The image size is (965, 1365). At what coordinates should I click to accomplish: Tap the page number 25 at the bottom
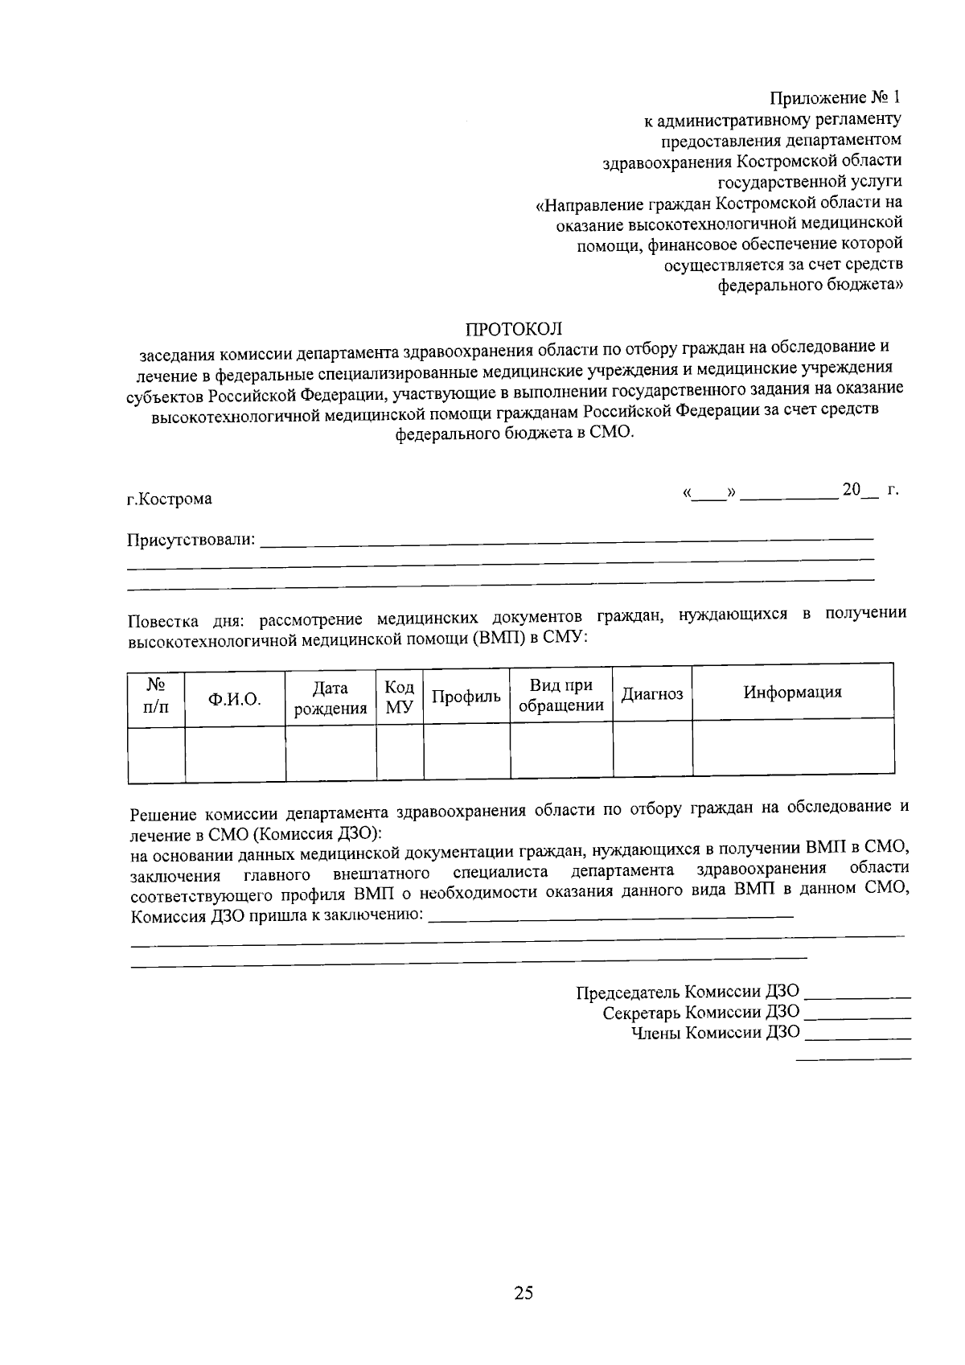pyautogui.click(x=524, y=1293)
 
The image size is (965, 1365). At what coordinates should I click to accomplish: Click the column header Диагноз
pyautogui.click(x=652, y=694)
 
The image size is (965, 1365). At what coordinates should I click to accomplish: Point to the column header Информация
pyautogui.click(x=792, y=692)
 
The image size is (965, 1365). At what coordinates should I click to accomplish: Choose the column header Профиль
pyautogui.click(x=466, y=697)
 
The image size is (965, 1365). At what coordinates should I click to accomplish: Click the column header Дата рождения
pyautogui.click(x=331, y=698)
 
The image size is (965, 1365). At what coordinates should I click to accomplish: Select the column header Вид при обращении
pyautogui.click(x=561, y=696)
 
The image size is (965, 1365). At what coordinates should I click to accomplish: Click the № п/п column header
pyautogui.click(x=156, y=696)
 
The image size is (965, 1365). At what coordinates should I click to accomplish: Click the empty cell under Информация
pyautogui.click(x=793, y=747)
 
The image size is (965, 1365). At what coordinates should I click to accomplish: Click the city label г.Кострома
pyautogui.click(x=170, y=499)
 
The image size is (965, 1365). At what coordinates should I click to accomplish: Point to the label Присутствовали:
pyautogui.click(x=191, y=540)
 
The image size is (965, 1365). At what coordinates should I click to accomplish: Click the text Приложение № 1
pyautogui.click(x=835, y=99)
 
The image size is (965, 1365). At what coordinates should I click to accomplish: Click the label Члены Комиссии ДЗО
pyautogui.click(x=716, y=1033)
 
